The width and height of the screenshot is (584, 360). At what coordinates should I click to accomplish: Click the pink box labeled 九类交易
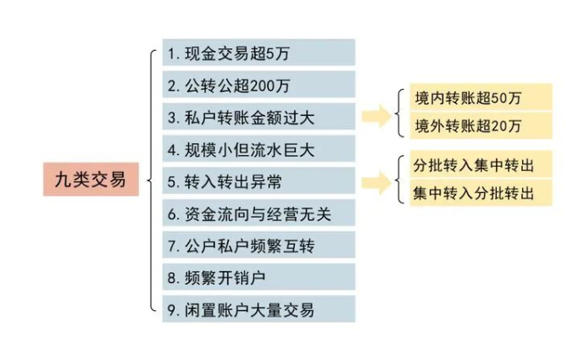[x=91, y=180]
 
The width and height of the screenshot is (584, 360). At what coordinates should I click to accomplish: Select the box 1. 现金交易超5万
[x=257, y=52]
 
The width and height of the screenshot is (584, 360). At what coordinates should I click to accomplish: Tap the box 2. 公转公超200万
[x=257, y=84]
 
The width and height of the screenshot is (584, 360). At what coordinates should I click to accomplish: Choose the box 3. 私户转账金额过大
[x=257, y=116]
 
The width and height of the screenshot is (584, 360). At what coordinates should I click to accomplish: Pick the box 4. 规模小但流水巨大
[x=257, y=149]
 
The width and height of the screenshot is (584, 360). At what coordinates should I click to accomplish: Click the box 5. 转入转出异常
[x=257, y=180]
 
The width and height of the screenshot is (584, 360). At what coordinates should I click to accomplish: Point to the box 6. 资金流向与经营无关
[x=257, y=213]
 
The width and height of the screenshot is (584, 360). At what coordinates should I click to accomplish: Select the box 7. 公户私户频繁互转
[x=257, y=245]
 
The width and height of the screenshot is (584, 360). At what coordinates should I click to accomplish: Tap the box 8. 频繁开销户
[x=257, y=277]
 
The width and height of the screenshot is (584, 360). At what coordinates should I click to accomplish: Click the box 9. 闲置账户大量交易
[x=257, y=309]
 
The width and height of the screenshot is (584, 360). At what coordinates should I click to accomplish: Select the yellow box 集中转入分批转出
[x=480, y=193]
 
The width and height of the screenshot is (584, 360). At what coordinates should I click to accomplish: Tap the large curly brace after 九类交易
[x=150, y=180]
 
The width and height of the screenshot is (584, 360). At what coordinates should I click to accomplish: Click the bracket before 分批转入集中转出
[x=398, y=178]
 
